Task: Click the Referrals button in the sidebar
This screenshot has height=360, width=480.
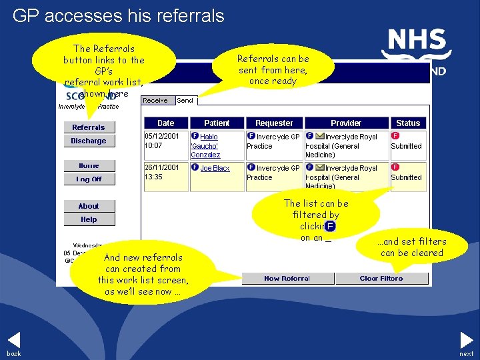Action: [x=89, y=127]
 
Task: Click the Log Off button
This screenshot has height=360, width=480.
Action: [x=89, y=179]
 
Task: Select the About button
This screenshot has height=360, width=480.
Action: [x=89, y=206]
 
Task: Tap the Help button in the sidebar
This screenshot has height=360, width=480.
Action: [x=89, y=219]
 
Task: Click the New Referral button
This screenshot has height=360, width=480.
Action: [x=287, y=279]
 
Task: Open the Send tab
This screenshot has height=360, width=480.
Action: [x=185, y=101]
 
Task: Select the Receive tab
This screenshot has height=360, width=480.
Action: [x=158, y=101]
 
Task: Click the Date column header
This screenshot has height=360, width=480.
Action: [x=165, y=123]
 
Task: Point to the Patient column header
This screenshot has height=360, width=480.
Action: [x=216, y=123]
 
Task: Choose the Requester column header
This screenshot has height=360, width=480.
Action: [x=274, y=123]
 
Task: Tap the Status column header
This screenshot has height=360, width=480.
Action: [x=408, y=123]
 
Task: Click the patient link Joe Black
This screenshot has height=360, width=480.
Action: [x=215, y=169]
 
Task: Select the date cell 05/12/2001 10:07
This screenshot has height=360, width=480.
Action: [x=165, y=140]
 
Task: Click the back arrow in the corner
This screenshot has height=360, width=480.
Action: [x=14, y=341]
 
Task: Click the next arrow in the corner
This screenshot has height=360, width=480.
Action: [x=466, y=341]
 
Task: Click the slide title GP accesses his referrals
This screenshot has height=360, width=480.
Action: [x=119, y=15]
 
